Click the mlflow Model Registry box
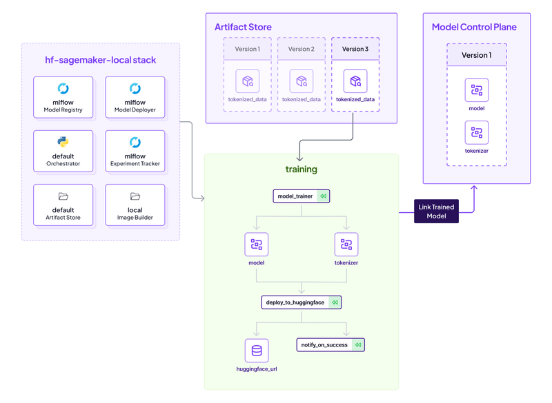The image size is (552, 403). click(x=63, y=97)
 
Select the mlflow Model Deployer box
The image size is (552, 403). click(x=135, y=97)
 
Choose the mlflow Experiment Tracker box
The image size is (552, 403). click(x=135, y=151)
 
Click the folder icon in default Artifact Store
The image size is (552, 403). click(x=63, y=196)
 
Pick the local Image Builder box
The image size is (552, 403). click(x=135, y=205)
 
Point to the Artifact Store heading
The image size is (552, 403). click(x=243, y=28)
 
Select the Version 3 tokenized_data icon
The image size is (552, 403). click(x=355, y=81)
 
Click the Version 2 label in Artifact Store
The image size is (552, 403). click(x=301, y=49)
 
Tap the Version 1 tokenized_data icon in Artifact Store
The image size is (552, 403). click(x=247, y=81)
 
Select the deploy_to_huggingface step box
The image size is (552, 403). click(x=302, y=302)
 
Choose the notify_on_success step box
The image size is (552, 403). click(x=331, y=344)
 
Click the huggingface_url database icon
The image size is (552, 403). click(x=257, y=351)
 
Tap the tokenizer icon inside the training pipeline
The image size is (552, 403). click(x=346, y=244)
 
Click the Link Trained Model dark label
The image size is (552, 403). click(x=436, y=211)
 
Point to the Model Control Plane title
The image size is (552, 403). click(x=474, y=28)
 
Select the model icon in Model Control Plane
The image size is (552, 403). click(x=476, y=90)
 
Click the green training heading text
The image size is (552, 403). click(x=302, y=169)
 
